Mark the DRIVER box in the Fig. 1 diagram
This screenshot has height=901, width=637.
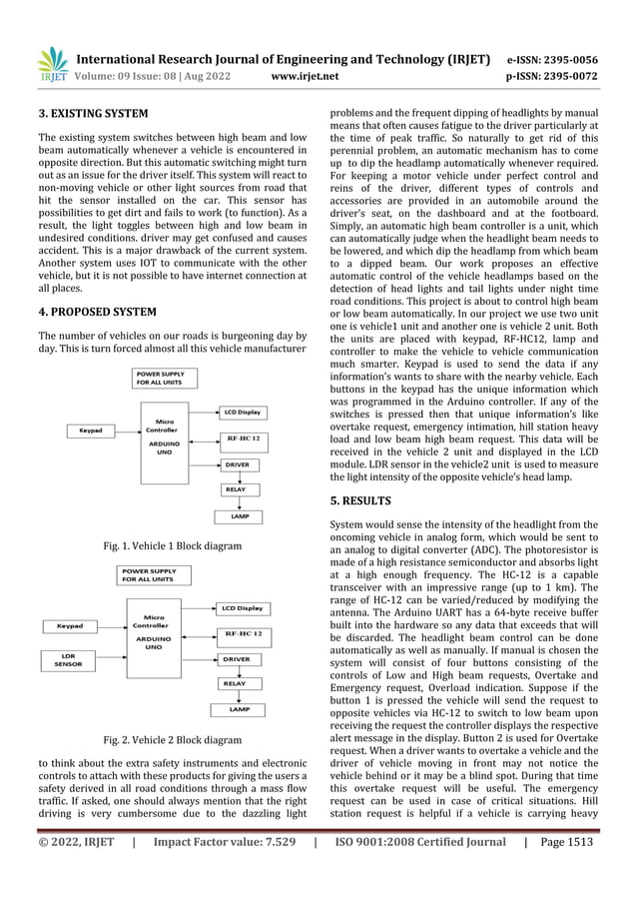click(238, 464)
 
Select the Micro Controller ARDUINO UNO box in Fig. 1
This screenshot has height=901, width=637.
click(160, 438)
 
